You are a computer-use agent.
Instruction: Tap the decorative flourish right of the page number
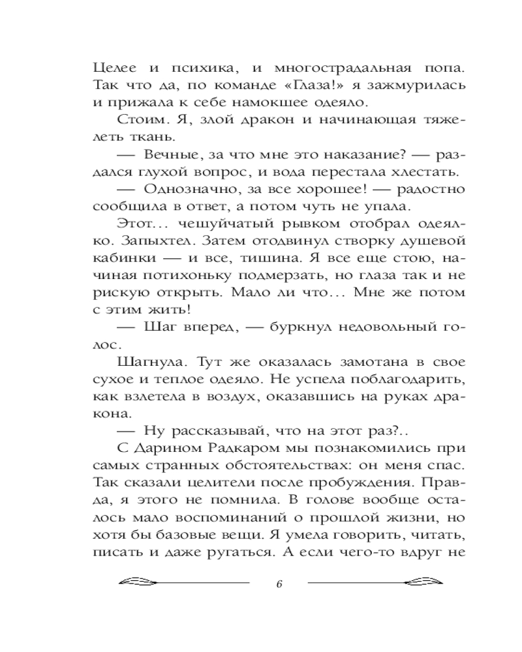pos(371,582)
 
